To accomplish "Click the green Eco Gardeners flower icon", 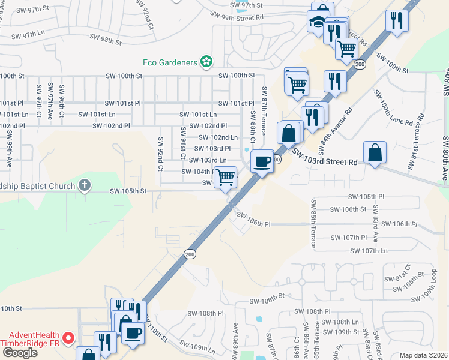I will (206, 61).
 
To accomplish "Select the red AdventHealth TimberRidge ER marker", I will (68, 339).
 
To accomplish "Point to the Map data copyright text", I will (424, 355).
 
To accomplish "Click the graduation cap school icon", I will (316, 22).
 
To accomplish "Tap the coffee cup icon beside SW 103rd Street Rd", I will (262, 161).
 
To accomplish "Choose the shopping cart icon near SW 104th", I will (225, 178).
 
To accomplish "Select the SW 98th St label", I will (105, 40).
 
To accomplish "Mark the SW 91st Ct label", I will (182, 143).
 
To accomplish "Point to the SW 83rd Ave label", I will (375, 218).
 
